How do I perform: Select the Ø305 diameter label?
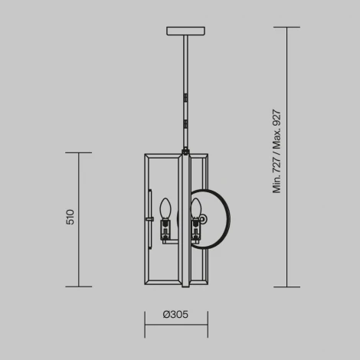175,314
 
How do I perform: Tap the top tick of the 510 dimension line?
79,152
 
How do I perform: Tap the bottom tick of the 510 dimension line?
79,287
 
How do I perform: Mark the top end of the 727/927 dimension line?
287,28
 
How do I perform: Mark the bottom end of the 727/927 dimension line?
287,287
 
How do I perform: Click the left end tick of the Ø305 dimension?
146,325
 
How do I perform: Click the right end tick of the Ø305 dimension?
206,325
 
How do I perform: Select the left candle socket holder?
163,230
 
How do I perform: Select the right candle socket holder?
195,230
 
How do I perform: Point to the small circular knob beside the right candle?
204,220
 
